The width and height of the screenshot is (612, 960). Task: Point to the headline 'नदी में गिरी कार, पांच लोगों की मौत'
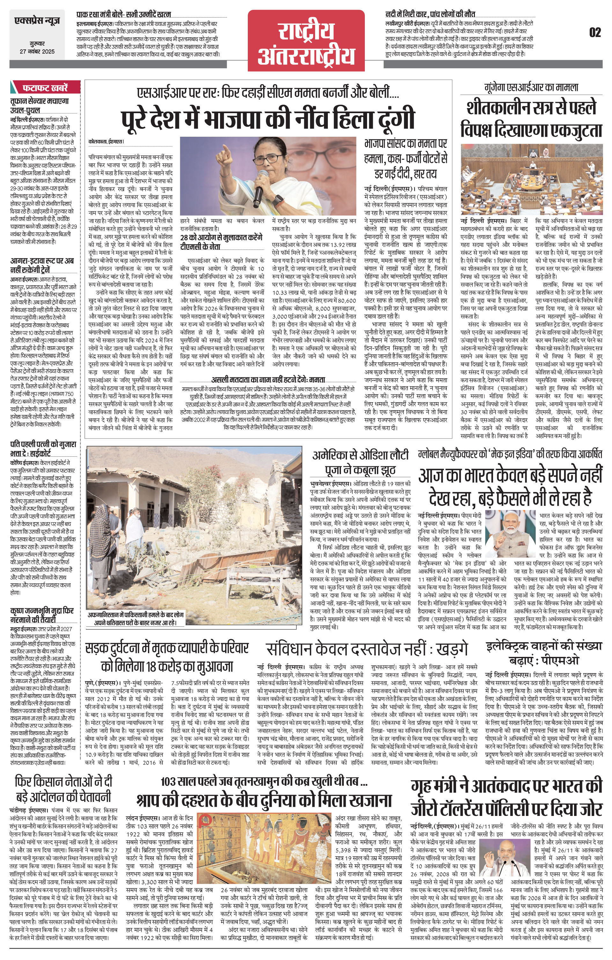click(430, 14)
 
